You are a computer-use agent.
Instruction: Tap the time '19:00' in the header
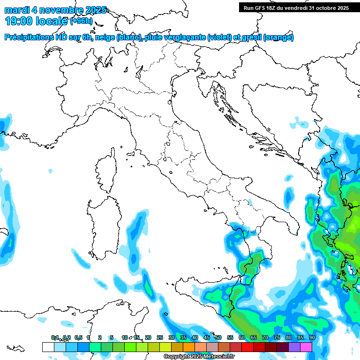[x=21, y=21]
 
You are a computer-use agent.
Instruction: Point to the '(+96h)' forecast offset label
[x=81, y=21]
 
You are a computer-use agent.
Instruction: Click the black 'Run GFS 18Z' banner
[x=296, y=7]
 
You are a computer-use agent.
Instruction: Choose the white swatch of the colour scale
[x=48, y=347]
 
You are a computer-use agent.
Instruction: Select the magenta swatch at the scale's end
[x=306, y=347]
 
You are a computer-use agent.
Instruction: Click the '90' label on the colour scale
[x=312, y=338]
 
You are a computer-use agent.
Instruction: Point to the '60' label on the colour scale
[x=242, y=338]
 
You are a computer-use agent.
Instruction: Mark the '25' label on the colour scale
[x=160, y=338]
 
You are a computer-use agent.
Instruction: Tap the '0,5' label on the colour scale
[x=78, y=338]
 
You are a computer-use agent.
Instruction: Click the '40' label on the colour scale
[x=195, y=338]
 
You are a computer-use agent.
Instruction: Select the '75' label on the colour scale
[x=277, y=338]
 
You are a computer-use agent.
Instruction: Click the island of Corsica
[x=106, y=171]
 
